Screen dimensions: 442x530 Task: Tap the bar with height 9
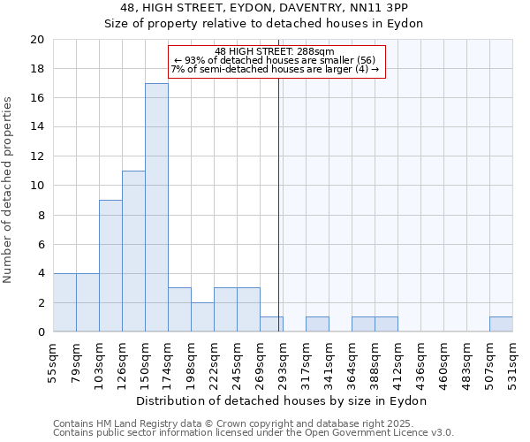click(x=110, y=265)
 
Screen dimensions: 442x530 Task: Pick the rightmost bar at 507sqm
click(x=501, y=324)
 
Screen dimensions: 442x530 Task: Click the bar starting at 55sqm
click(x=64, y=302)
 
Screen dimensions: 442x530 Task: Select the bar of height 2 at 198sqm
click(x=202, y=317)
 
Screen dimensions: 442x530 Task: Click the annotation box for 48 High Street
click(x=277, y=61)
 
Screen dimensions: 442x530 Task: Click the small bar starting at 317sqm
click(x=317, y=324)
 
